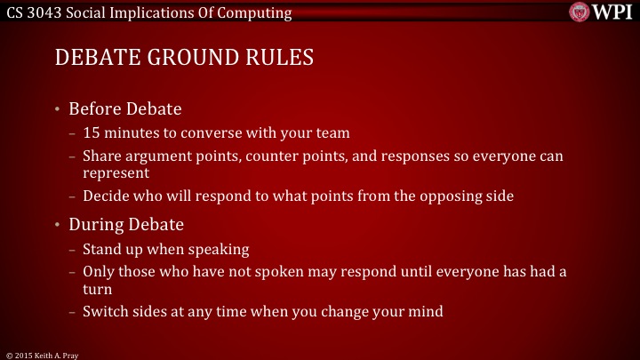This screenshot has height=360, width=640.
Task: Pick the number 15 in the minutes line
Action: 91,134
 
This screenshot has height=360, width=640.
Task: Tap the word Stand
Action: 101,249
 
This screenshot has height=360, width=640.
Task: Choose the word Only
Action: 98,273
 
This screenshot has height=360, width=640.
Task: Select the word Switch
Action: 105,312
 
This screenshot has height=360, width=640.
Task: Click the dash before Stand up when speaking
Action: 72,250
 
